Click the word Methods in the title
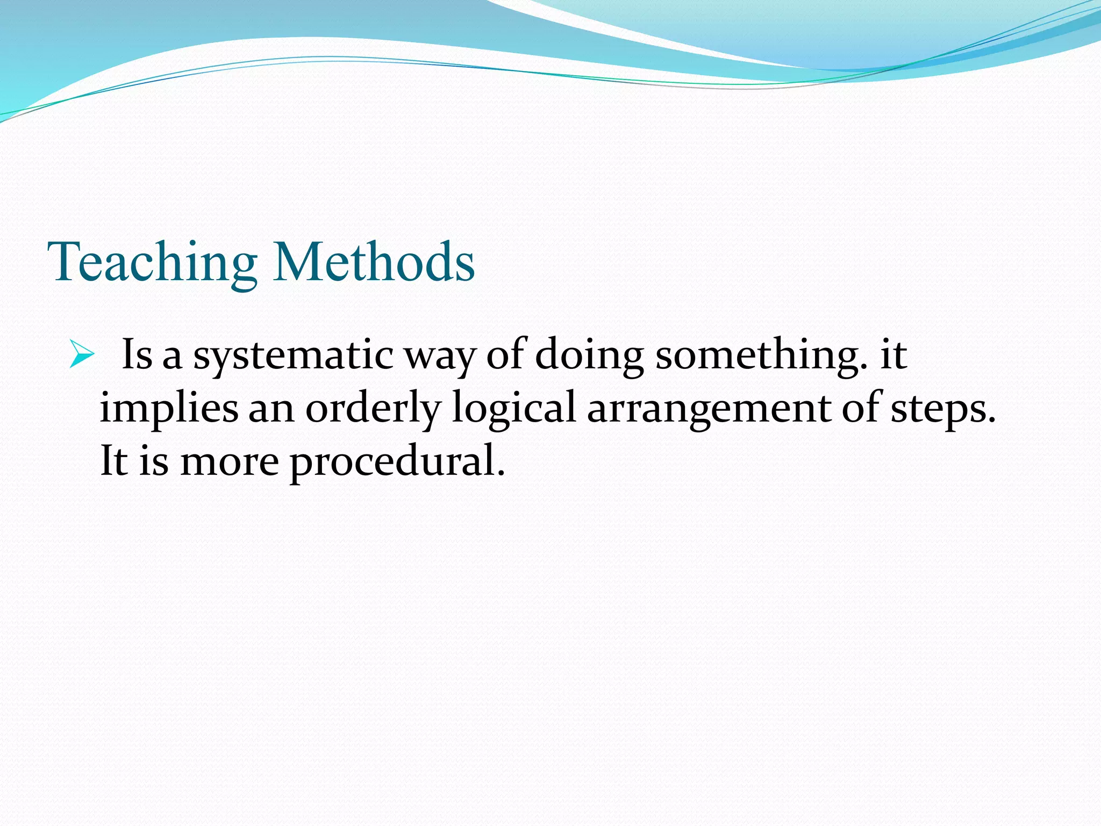[x=374, y=262]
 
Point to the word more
[x=230, y=462]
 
